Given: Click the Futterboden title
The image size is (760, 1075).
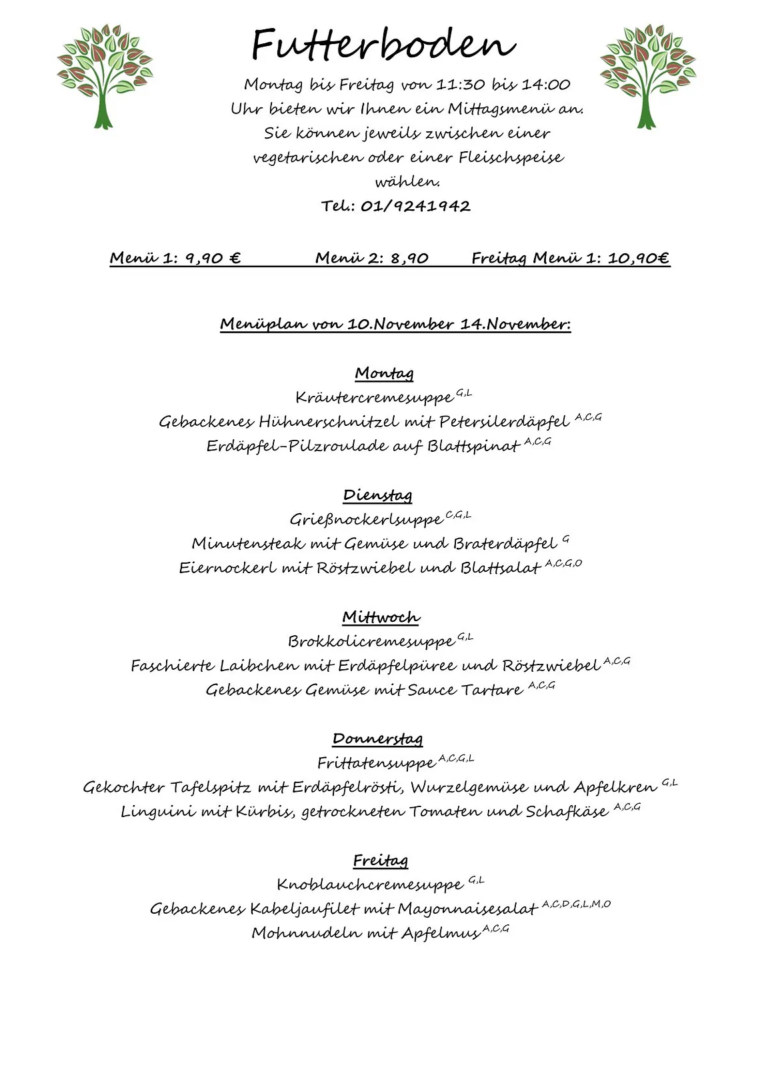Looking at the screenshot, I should click(383, 45).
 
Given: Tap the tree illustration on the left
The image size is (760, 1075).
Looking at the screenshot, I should click(105, 76).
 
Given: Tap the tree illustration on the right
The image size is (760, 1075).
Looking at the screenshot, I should click(647, 76).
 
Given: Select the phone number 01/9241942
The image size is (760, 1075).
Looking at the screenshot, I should click(415, 206).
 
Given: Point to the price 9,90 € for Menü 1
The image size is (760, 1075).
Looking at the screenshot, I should click(213, 258).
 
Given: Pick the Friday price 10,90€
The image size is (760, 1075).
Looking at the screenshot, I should click(638, 258).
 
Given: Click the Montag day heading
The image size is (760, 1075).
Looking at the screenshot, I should click(384, 373).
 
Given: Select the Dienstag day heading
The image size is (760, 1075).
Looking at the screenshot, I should click(378, 495).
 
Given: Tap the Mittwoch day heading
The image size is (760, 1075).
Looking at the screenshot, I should click(381, 617).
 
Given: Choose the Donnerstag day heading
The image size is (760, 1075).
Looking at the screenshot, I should click(378, 739).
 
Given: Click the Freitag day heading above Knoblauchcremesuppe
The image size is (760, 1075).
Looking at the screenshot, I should click(380, 861).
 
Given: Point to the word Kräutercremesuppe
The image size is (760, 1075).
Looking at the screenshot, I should click(374, 398).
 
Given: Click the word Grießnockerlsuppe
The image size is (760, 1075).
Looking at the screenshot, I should click(366, 519).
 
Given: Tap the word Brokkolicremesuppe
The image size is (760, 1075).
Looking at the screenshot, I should click(371, 641).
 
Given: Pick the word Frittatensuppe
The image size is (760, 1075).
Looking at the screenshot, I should click(376, 763).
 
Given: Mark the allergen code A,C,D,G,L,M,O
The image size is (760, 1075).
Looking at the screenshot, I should click(576, 904).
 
